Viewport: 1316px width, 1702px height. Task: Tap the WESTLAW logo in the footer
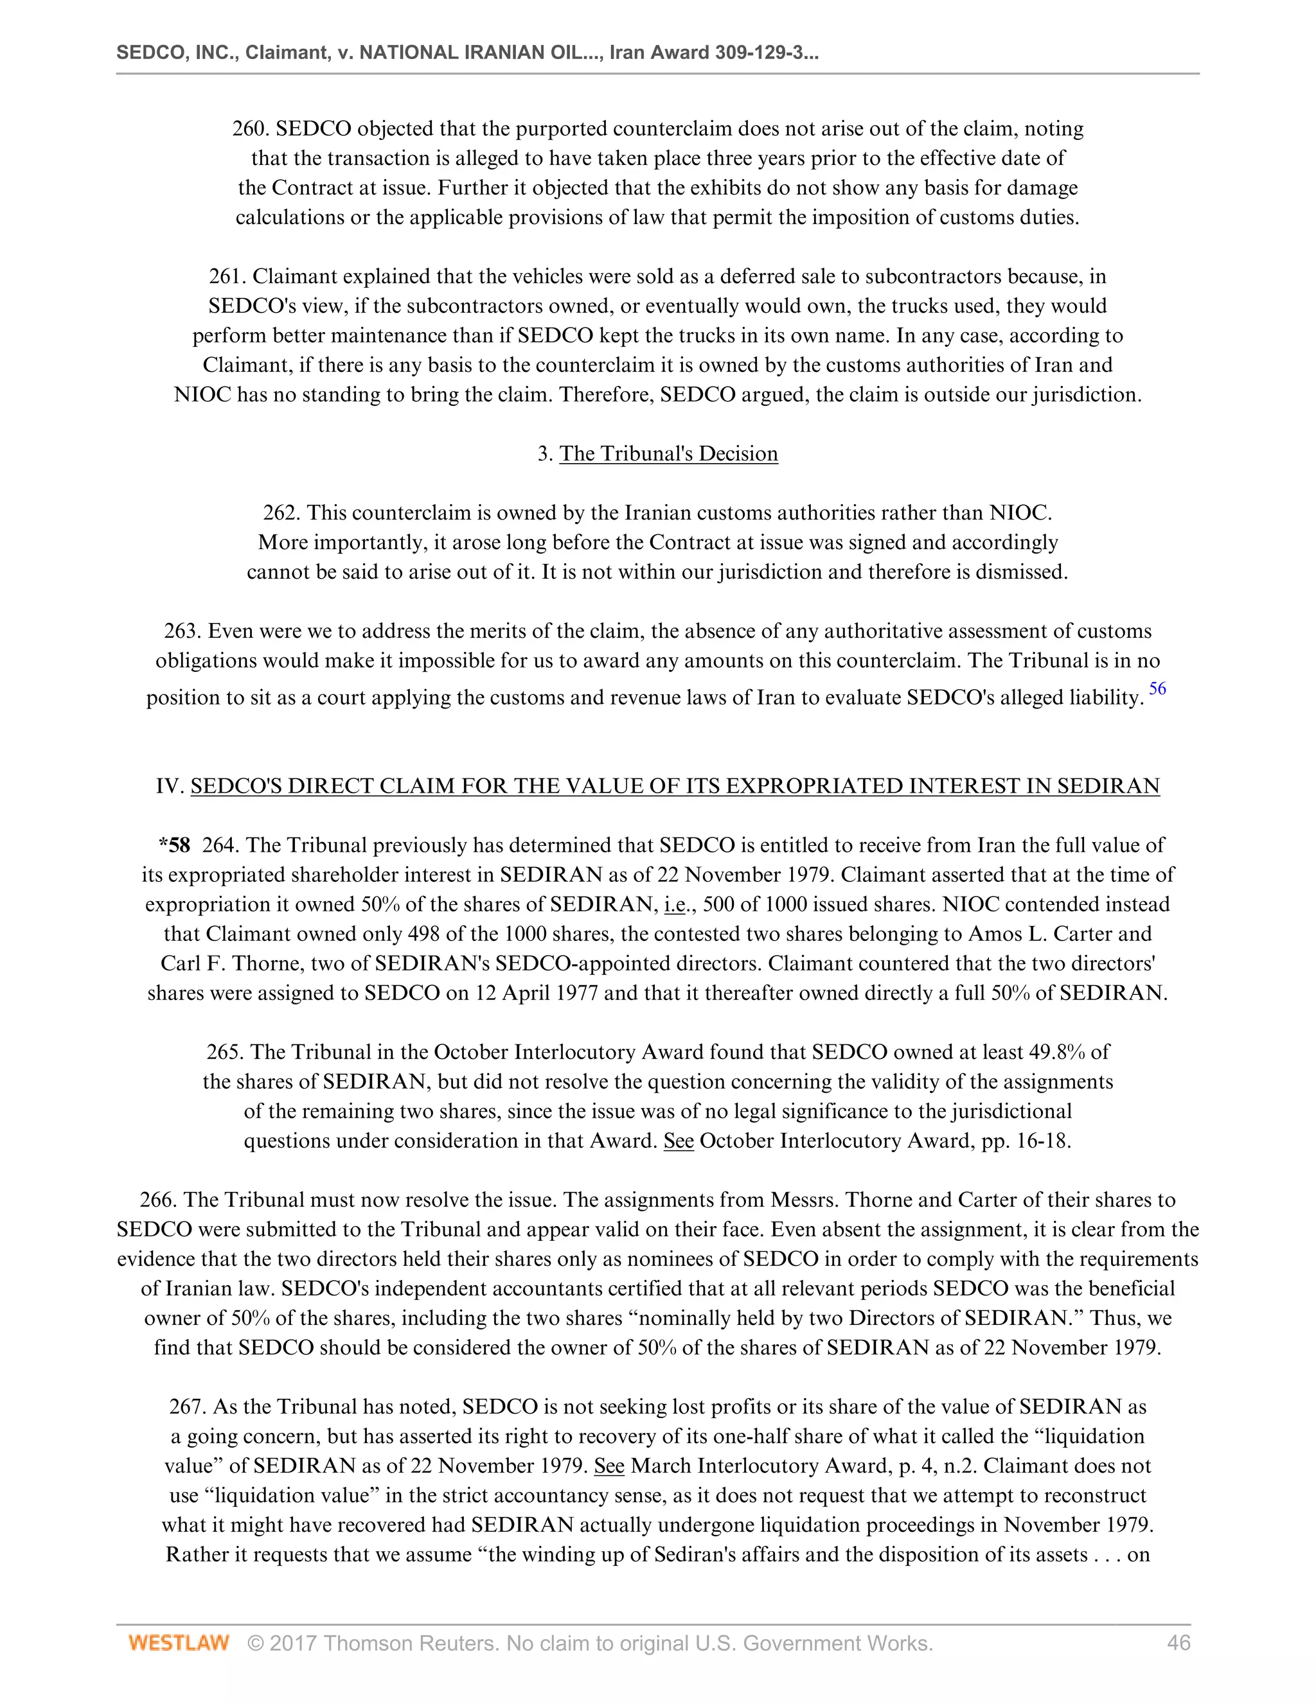[x=179, y=1643]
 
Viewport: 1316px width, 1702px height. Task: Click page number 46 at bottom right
[x=1178, y=1643]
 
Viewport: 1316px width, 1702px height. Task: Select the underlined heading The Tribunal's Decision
[x=668, y=453]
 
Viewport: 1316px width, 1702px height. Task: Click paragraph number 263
[x=182, y=631]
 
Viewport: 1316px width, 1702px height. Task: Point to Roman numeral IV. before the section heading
[x=169, y=785]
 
